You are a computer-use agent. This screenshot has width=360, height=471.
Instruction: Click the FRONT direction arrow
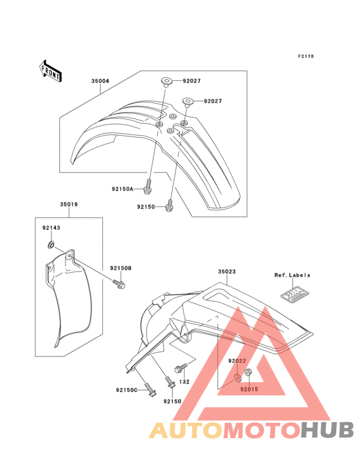coord(50,71)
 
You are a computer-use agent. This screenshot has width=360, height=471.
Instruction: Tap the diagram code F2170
coord(306,56)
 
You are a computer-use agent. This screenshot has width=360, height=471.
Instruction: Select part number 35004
coord(100,81)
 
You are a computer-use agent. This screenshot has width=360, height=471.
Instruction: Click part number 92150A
coord(122,189)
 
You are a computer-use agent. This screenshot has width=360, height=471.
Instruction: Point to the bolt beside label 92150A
coord(148,186)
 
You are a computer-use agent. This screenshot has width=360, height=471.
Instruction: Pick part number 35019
coord(69,204)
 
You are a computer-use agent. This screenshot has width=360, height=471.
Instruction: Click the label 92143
coord(51,228)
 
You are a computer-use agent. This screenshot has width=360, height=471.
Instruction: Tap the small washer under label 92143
coord(51,245)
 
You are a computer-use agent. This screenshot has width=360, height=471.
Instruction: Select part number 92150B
coord(121,268)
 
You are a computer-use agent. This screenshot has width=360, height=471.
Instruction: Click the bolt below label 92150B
coord(119,283)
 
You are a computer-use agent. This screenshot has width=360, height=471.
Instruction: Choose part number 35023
coord(227,272)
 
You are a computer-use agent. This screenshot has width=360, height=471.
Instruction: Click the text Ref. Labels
coord(292,275)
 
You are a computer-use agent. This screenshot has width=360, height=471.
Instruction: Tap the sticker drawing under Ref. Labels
coord(296,294)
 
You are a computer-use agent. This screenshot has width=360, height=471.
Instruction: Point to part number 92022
coord(237,361)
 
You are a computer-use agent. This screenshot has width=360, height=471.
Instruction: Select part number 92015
coord(249,389)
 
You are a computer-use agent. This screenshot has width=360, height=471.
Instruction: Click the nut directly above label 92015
coord(248,373)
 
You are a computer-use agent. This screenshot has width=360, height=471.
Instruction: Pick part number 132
coord(184,382)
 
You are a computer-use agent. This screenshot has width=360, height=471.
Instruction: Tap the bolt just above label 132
coord(181,368)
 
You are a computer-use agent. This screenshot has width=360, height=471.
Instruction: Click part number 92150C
coord(127,390)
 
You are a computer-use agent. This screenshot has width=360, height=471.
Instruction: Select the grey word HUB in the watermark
coord(327,430)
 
